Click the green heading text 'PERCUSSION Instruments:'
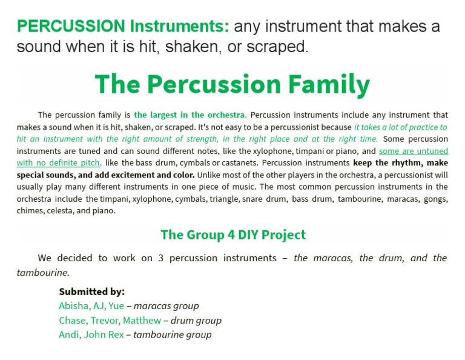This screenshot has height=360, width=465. click(x=123, y=27)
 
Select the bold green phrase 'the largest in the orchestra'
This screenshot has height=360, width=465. click(x=190, y=115)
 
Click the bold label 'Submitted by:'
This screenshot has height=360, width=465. click(x=91, y=291)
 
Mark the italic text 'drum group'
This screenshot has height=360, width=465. click(x=196, y=320)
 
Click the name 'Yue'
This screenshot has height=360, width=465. click(x=116, y=305)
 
